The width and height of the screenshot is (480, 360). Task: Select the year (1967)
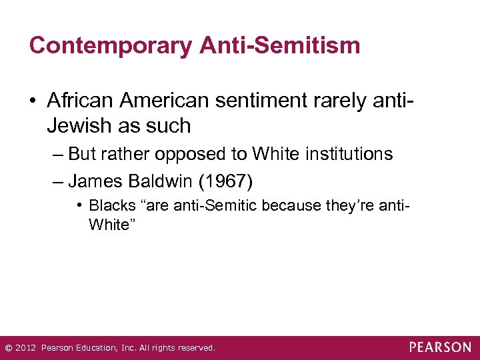click(220, 180)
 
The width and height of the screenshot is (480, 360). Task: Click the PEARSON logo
click(440, 347)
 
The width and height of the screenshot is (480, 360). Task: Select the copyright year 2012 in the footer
click(25, 348)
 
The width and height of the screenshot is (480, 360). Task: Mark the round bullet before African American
click(34, 101)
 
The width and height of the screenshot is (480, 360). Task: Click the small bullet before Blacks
click(79, 205)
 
